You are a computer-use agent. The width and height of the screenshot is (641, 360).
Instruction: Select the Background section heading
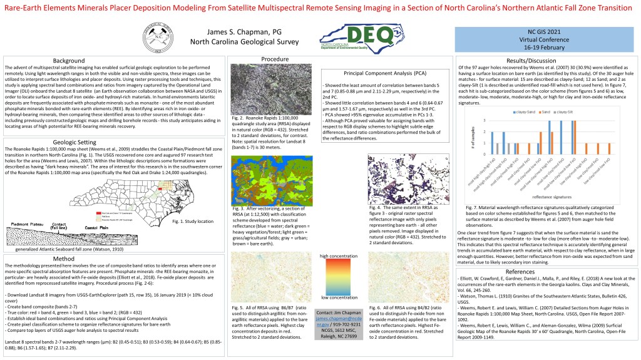pos(69,60)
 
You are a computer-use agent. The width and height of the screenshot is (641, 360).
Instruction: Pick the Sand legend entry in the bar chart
pos(537,110)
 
